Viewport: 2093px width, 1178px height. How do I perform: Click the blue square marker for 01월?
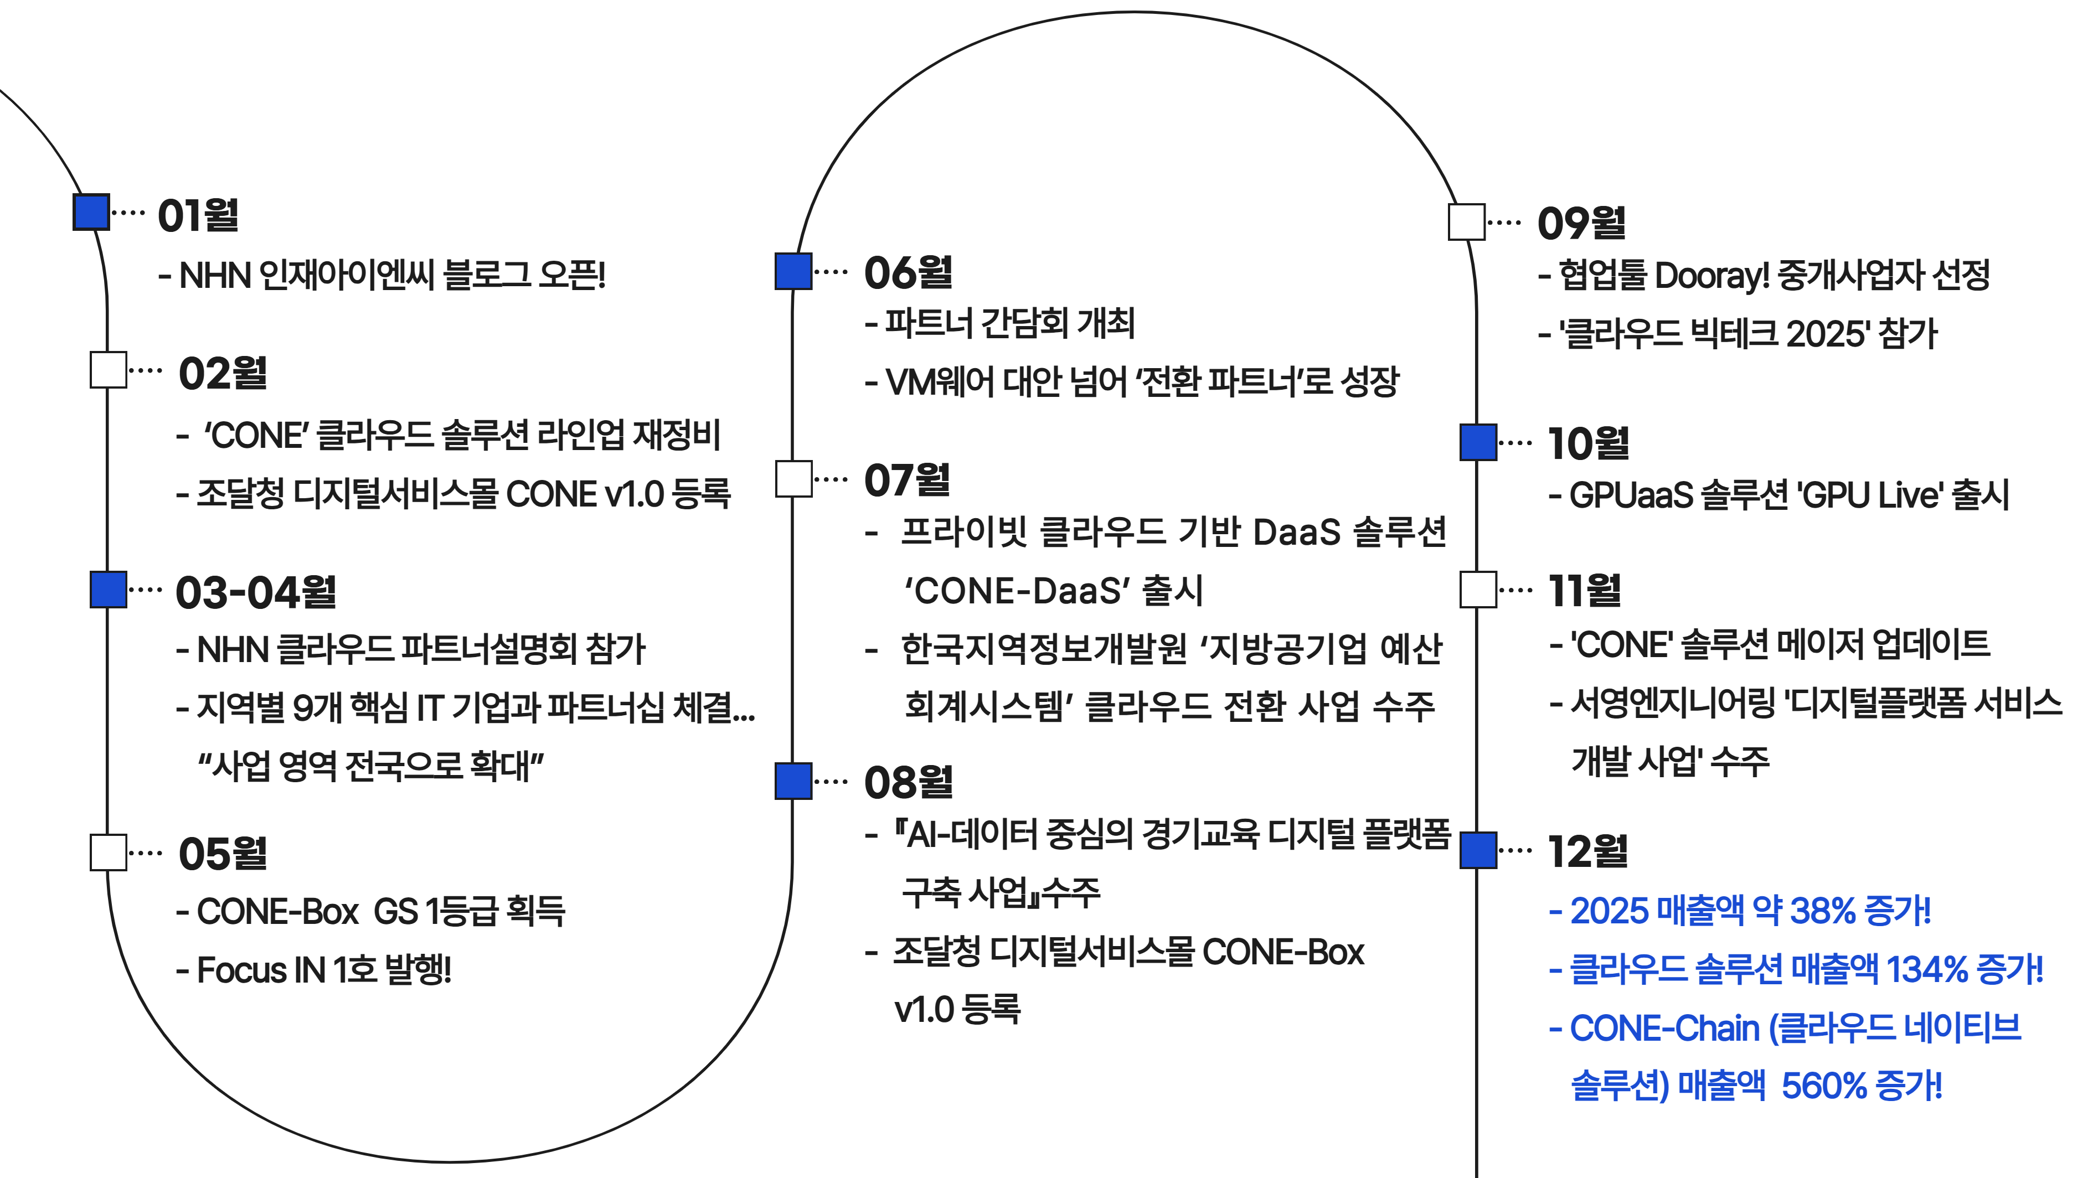(91, 212)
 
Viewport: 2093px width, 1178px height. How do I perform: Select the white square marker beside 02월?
(108, 370)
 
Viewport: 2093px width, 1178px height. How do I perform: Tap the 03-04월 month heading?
(256, 592)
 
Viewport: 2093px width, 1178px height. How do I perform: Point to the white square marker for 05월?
(108, 852)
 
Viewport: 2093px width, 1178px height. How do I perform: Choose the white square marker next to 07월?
(794, 478)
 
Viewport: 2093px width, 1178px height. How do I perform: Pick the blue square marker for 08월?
(794, 781)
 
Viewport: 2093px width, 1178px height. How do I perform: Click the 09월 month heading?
(1581, 223)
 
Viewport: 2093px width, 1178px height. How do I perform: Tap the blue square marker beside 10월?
(1478, 442)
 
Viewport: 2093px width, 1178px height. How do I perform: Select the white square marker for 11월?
(1478, 590)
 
